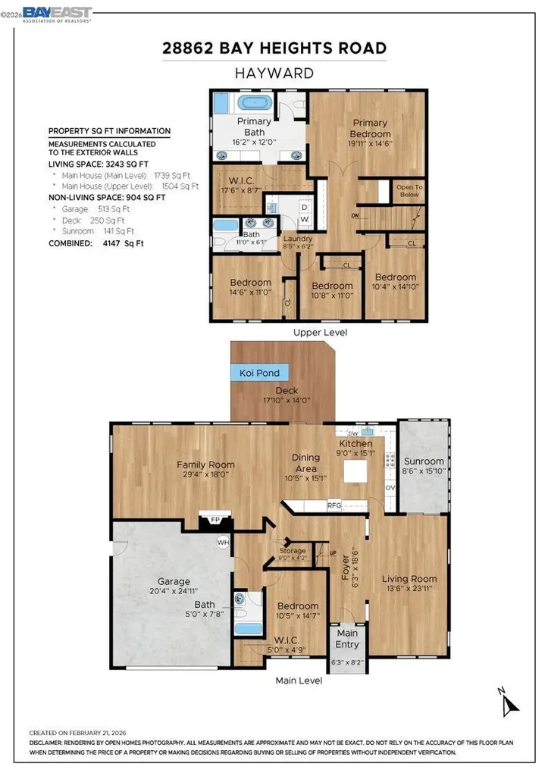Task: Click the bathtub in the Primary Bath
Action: pos(259,105)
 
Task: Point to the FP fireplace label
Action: pos(215,521)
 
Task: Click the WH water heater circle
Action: pos(223,542)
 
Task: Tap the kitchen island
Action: pos(355,471)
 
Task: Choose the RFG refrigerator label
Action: pos(334,504)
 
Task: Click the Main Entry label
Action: pos(347,638)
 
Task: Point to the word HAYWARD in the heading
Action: pos(274,74)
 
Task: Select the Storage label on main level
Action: pos(293,550)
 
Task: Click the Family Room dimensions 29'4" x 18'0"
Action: pos(205,474)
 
